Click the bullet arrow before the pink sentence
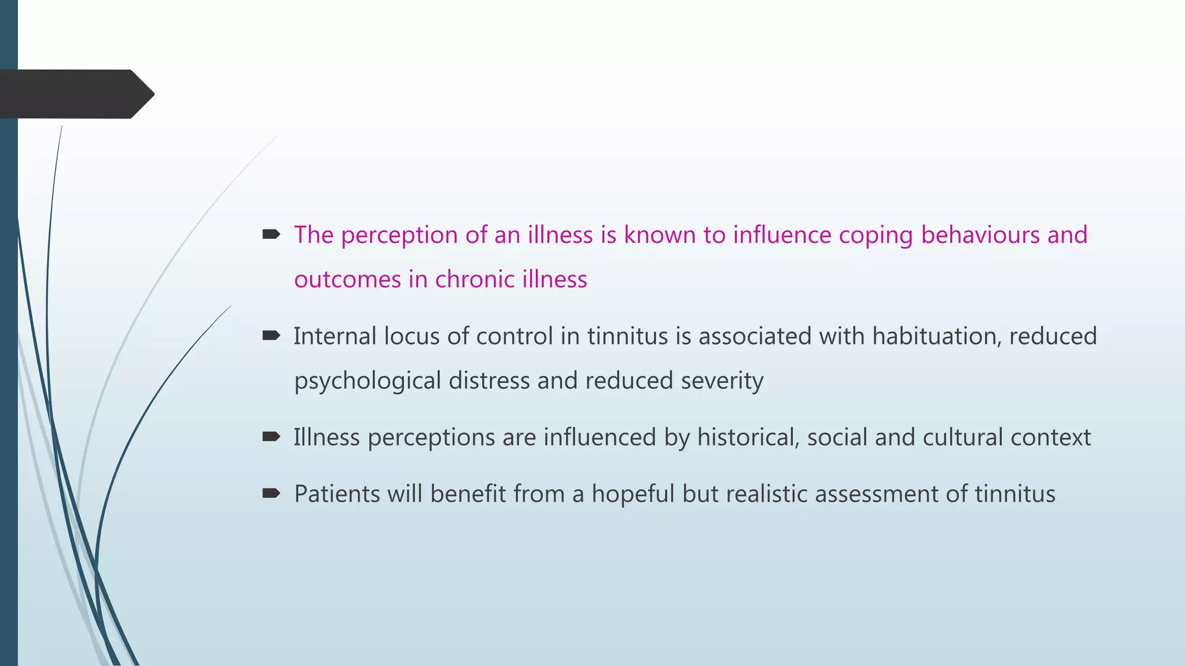pyautogui.click(x=271, y=234)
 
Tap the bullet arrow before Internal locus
pyautogui.click(x=271, y=335)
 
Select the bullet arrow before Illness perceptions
pyautogui.click(x=271, y=436)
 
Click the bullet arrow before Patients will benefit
pyautogui.click(x=271, y=493)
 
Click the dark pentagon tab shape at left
pyautogui.click(x=75, y=94)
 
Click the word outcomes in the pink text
pyautogui.click(x=347, y=280)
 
